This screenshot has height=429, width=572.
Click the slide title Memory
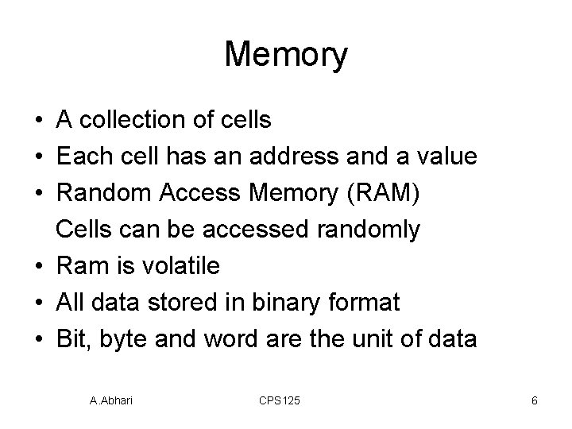(286, 55)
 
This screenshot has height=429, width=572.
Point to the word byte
(132, 339)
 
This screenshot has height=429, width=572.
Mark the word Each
(79, 157)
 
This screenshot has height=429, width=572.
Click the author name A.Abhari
(112, 400)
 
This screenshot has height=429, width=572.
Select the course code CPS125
(280, 400)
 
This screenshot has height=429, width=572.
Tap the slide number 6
(535, 400)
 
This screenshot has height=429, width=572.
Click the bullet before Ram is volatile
(38, 267)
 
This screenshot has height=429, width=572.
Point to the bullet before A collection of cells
(38, 122)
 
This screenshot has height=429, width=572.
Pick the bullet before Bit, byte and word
(38, 340)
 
